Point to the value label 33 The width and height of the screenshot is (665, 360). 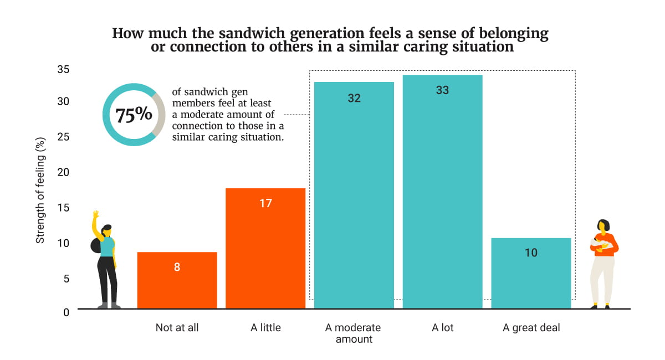click(x=442, y=90)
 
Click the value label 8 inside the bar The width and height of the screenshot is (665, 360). click(x=177, y=267)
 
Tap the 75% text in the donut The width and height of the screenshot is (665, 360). click(x=133, y=115)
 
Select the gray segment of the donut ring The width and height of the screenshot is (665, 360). click(x=160, y=115)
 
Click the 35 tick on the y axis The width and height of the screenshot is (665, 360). click(x=63, y=70)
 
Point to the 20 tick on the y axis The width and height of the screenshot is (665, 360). click(x=63, y=172)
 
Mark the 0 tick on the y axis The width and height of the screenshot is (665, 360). click(x=66, y=312)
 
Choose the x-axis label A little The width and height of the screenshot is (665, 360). click(x=265, y=328)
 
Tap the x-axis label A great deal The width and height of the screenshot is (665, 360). click(x=531, y=328)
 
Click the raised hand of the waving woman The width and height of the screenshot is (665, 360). click(x=95, y=214)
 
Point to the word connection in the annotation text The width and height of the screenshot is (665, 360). click(x=197, y=126)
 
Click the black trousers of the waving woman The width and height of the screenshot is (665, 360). click(x=106, y=280)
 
